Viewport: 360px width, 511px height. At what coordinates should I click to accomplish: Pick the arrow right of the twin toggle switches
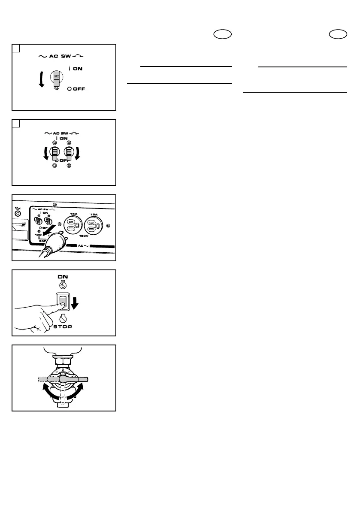click(78, 154)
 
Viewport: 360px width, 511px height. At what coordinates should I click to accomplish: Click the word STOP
click(63, 327)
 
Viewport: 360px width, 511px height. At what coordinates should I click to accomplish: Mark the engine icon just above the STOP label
click(64, 319)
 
